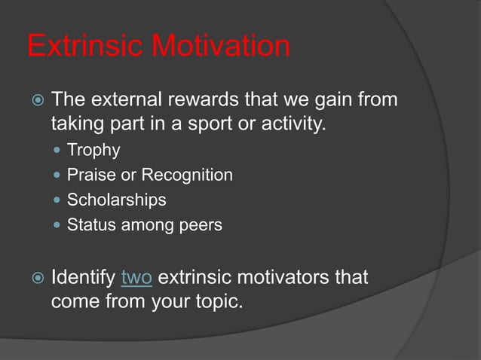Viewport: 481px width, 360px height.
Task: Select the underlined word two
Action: [x=136, y=278]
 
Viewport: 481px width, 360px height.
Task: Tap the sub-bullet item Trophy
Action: [x=93, y=150]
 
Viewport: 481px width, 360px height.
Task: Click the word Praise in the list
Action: [x=88, y=175]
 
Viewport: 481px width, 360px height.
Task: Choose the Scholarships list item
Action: [x=117, y=200]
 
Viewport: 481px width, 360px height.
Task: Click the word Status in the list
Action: [x=89, y=224]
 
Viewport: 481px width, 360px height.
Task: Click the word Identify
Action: [x=83, y=278]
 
